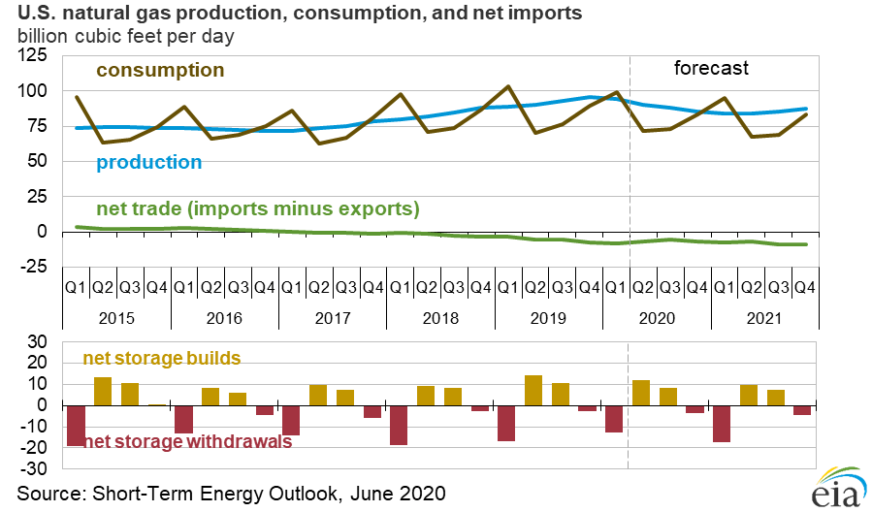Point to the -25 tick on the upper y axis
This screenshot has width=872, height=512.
click(x=34, y=267)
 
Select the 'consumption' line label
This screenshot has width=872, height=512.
click(x=160, y=71)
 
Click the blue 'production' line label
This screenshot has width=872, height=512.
click(x=148, y=162)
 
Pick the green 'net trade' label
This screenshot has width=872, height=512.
click(x=257, y=208)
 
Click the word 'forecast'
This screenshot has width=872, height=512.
click(x=712, y=69)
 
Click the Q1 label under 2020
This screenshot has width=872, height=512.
click(x=614, y=288)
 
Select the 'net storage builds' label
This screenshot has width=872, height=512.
click(x=161, y=359)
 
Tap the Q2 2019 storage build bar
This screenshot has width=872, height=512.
click(x=533, y=391)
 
